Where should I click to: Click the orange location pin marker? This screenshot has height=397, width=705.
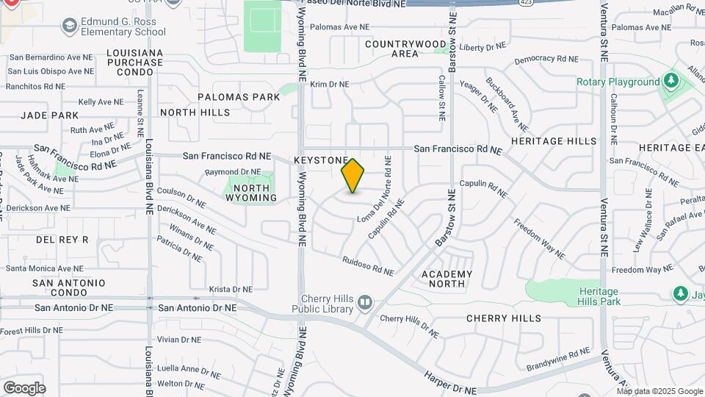[352, 176]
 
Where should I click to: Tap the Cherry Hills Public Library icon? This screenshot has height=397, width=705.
[365, 302]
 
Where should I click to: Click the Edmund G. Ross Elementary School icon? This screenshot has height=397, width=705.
[69, 26]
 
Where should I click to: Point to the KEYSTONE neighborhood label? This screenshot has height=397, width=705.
[320, 160]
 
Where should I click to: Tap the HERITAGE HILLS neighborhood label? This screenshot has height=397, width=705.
[554, 141]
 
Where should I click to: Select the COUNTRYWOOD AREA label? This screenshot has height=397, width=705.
[405, 49]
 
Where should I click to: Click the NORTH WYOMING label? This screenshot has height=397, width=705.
[250, 193]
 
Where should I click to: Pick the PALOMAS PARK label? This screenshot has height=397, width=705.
[239, 97]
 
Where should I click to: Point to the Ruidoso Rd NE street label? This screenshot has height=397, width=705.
[368, 265]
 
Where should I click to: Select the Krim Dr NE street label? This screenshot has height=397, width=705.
[329, 85]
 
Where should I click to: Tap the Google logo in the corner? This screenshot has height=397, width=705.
[24, 387]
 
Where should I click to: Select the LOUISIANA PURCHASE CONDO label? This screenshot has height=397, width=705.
[134, 62]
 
